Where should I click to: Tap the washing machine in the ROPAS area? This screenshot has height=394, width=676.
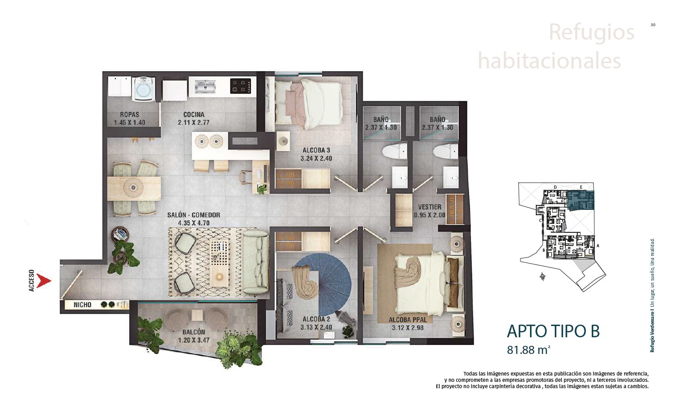(143, 89)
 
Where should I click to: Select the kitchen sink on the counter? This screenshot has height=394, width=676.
(206, 85)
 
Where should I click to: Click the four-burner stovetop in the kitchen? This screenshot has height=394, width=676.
(241, 86)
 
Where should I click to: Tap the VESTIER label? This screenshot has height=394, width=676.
(429, 207)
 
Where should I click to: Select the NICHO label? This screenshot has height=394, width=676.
(82, 305)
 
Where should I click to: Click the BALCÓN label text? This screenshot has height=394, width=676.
(194, 332)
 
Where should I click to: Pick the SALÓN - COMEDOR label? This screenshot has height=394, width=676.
(194, 215)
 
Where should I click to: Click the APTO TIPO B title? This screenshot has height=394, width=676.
(553, 331)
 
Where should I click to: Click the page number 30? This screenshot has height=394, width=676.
(653, 25)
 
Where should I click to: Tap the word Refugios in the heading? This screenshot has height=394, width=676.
(591, 32)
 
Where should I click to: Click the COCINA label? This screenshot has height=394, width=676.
(194, 114)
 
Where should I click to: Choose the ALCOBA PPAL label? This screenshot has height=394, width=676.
(407, 320)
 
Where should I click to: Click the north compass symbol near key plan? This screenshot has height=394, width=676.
(543, 277)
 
